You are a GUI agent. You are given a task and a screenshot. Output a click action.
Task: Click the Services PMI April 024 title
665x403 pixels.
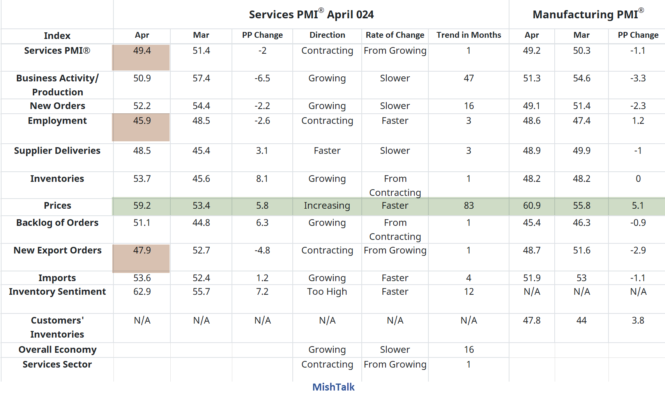point(311,15)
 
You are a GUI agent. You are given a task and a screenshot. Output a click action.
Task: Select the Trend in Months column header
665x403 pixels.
point(469,35)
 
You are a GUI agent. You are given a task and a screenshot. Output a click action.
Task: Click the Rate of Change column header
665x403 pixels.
point(395,35)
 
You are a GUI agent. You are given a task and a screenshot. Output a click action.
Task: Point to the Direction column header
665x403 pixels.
point(327,35)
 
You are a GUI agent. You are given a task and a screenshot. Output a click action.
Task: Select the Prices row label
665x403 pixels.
point(57,206)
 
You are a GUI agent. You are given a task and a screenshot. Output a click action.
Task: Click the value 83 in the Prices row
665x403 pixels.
point(469,206)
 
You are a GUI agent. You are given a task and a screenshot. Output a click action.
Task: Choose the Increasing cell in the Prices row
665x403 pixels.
point(327,206)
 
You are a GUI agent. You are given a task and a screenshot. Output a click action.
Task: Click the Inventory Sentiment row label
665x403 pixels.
point(57,292)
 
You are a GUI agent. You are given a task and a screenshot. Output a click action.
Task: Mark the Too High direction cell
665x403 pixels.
point(327,292)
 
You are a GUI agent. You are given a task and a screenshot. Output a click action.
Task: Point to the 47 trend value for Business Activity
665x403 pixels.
point(469,78)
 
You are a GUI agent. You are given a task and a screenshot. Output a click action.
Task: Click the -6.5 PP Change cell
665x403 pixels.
point(262,78)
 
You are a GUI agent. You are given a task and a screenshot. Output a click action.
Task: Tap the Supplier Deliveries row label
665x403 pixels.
point(57,151)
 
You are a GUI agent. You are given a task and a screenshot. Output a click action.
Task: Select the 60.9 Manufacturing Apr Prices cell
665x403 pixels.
point(532,206)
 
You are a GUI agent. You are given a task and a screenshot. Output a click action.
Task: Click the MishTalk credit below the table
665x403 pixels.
point(333,387)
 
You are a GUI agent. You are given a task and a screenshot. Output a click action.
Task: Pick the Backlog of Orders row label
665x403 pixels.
point(57,223)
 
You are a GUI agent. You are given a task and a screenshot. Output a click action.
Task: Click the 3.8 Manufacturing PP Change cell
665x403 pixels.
point(638,320)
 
